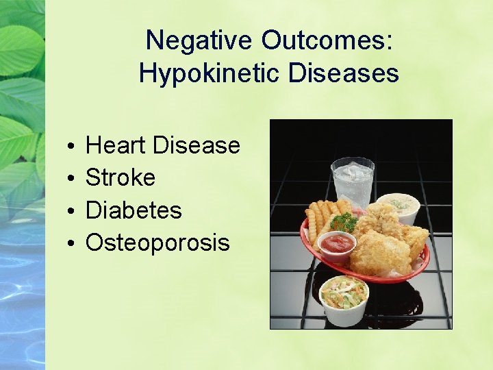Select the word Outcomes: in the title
327,40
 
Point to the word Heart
116,145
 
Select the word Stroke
121,177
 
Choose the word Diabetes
134,210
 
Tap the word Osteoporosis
157,242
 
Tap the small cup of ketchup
336,244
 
